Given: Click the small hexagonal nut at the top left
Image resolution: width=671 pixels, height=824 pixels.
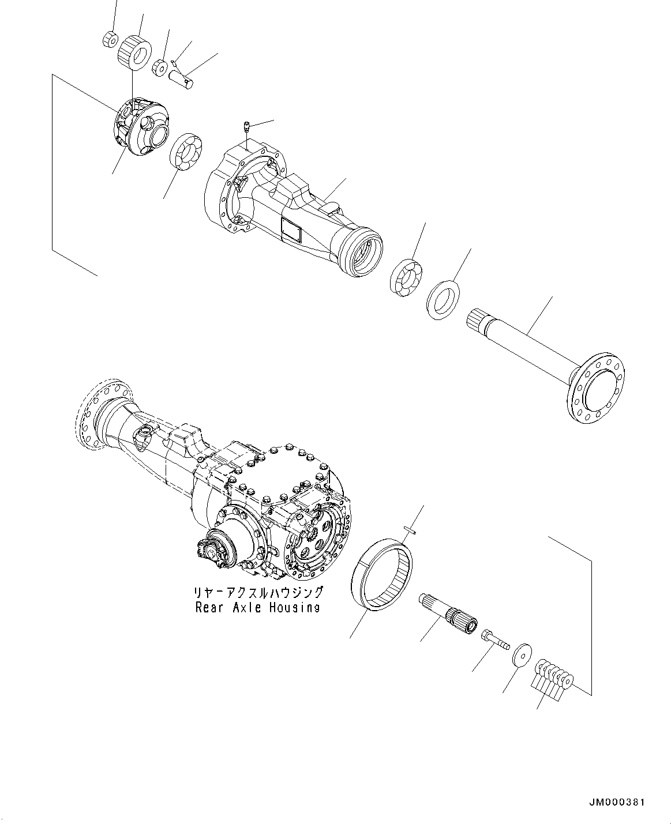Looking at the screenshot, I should (x=110, y=40).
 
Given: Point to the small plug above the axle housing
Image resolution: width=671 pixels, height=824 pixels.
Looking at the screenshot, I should (x=246, y=126).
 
